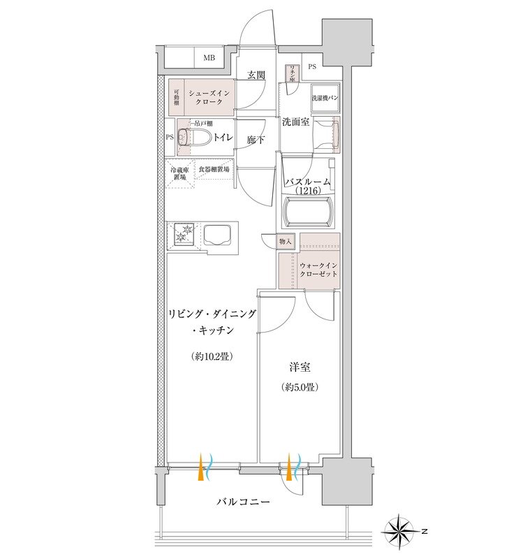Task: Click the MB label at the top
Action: (x=209, y=58)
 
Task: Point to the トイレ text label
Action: (x=223, y=138)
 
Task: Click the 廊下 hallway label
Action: (x=256, y=140)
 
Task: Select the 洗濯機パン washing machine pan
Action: (x=325, y=99)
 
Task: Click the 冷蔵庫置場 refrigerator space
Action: (x=179, y=173)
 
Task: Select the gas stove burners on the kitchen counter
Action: (x=186, y=233)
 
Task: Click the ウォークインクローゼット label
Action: (x=318, y=270)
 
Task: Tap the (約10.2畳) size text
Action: (x=211, y=356)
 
